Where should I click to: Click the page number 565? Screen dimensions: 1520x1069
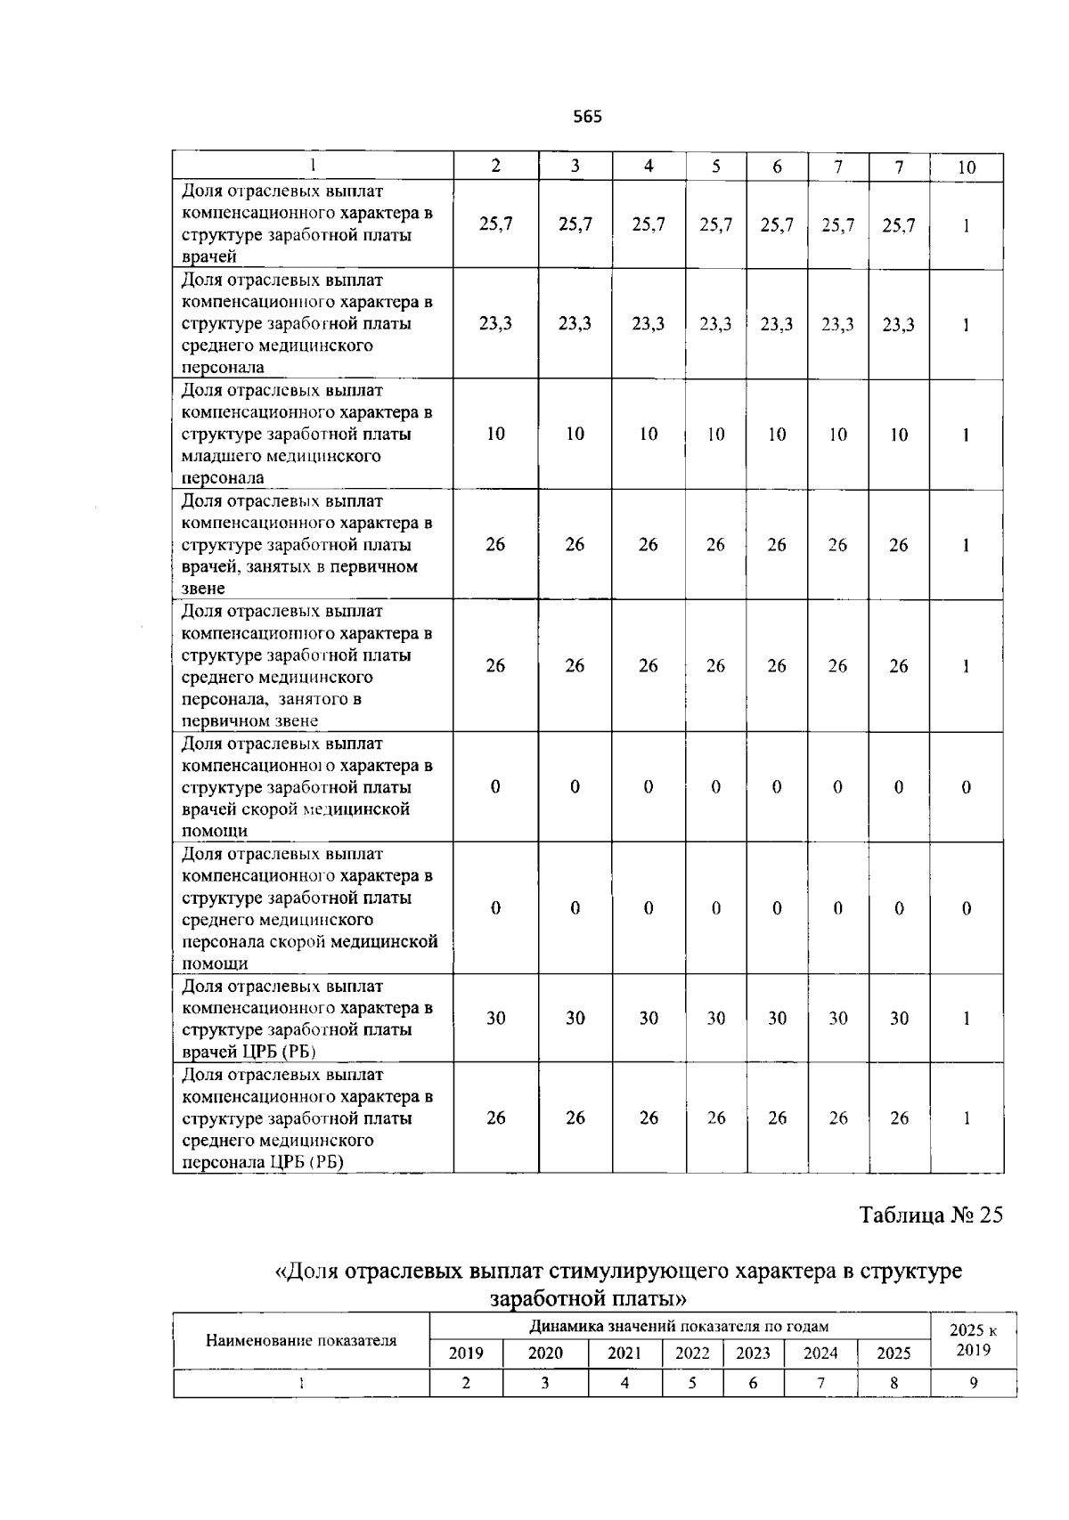pyautogui.click(x=587, y=117)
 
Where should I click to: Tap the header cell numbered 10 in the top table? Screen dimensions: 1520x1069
pyautogui.click(x=967, y=167)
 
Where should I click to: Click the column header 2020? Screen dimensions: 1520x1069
pyautogui.click(x=545, y=1353)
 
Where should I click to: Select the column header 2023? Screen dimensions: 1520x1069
pyautogui.click(x=753, y=1353)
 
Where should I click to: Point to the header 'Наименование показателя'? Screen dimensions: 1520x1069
pyautogui.click(x=301, y=1340)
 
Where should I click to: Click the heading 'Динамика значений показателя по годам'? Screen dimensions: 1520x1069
pyautogui.click(x=679, y=1326)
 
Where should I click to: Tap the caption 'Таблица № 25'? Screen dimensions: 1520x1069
pyautogui.click(x=931, y=1215)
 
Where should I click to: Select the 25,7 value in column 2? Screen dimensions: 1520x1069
pyautogui.click(x=495, y=224)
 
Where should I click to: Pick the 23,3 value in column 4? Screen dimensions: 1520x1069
pyautogui.click(x=648, y=324)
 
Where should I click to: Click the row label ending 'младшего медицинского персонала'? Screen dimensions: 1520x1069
pyautogui.click(x=307, y=434)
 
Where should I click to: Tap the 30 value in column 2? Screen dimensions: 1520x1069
pyautogui.click(x=495, y=1018)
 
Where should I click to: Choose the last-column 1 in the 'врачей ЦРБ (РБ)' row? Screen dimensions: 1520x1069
pyautogui.click(x=967, y=1018)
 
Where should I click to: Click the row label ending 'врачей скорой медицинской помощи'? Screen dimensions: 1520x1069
pyautogui.click(x=307, y=787)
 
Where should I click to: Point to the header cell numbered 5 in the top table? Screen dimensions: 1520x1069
pyautogui.click(x=716, y=167)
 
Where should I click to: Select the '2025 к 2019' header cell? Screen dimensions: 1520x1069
pyautogui.click(x=973, y=1339)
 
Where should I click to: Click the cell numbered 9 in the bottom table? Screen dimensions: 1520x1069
pyautogui.click(x=973, y=1383)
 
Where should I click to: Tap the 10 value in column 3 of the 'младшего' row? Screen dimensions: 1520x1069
pyautogui.click(x=575, y=434)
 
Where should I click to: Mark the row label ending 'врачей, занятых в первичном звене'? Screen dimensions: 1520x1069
pyautogui.click(x=307, y=544)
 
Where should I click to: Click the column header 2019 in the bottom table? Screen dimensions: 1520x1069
pyautogui.click(x=466, y=1353)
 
